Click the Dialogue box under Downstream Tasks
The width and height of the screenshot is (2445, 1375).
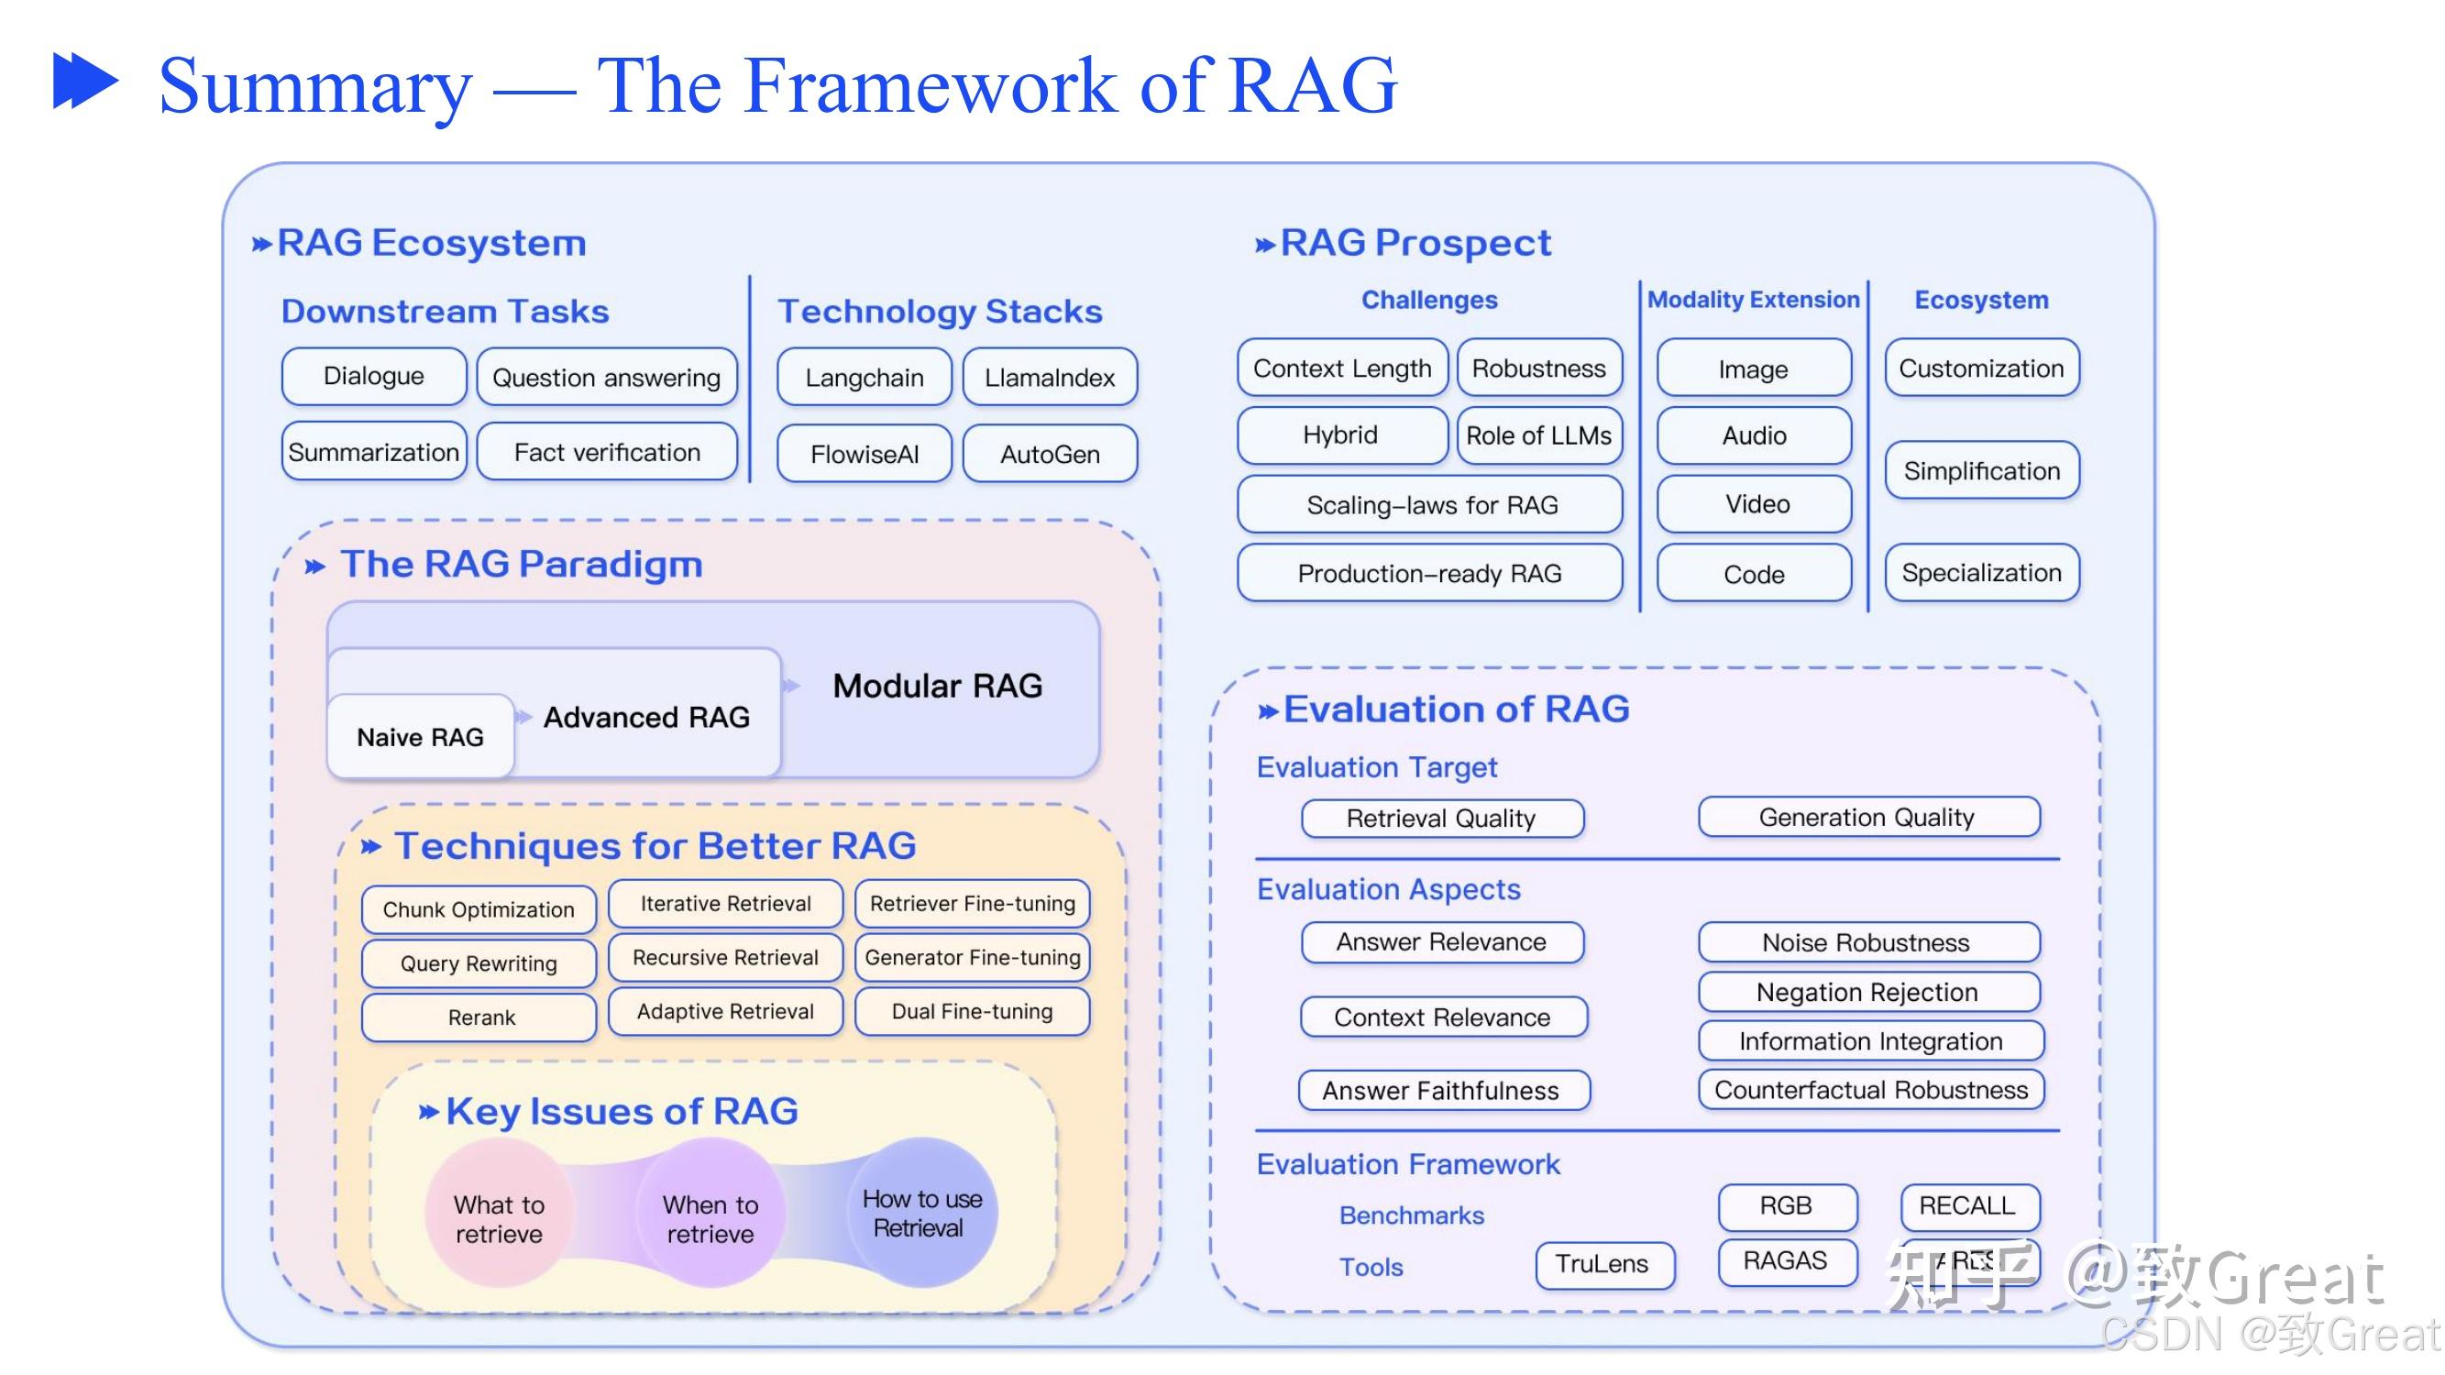[x=374, y=376]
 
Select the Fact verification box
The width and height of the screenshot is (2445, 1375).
[x=607, y=453]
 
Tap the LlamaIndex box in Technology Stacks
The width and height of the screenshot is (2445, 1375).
[x=1049, y=378]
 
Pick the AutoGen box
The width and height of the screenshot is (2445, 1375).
[x=1049, y=455]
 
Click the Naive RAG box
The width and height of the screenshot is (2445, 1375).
[x=421, y=737]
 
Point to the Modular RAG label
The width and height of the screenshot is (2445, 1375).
[x=937, y=686]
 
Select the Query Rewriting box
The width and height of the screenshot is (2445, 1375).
[x=479, y=963]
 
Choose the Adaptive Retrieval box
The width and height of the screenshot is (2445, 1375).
[x=725, y=1012]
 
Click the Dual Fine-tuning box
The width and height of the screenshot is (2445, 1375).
[x=972, y=1012]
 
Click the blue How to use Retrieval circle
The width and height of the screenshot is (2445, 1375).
[x=920, y=1213]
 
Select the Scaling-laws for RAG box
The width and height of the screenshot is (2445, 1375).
[x=1430, y=505]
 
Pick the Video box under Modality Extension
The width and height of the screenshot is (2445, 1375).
[x=1755, y=504]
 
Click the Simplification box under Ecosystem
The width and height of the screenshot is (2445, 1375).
[x=1981, y=470]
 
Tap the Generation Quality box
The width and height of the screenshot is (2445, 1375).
[x=1867, y=817]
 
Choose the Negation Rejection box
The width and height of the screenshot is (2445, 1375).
[x=1867, y=993]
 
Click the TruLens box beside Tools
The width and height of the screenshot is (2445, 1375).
[x=1604, y=1264]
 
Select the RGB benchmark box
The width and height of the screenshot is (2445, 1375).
[x=1785, y=1205]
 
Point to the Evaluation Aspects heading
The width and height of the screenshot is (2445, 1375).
[x=1388, y=889]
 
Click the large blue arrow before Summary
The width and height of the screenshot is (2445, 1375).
[x=85, y=82]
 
